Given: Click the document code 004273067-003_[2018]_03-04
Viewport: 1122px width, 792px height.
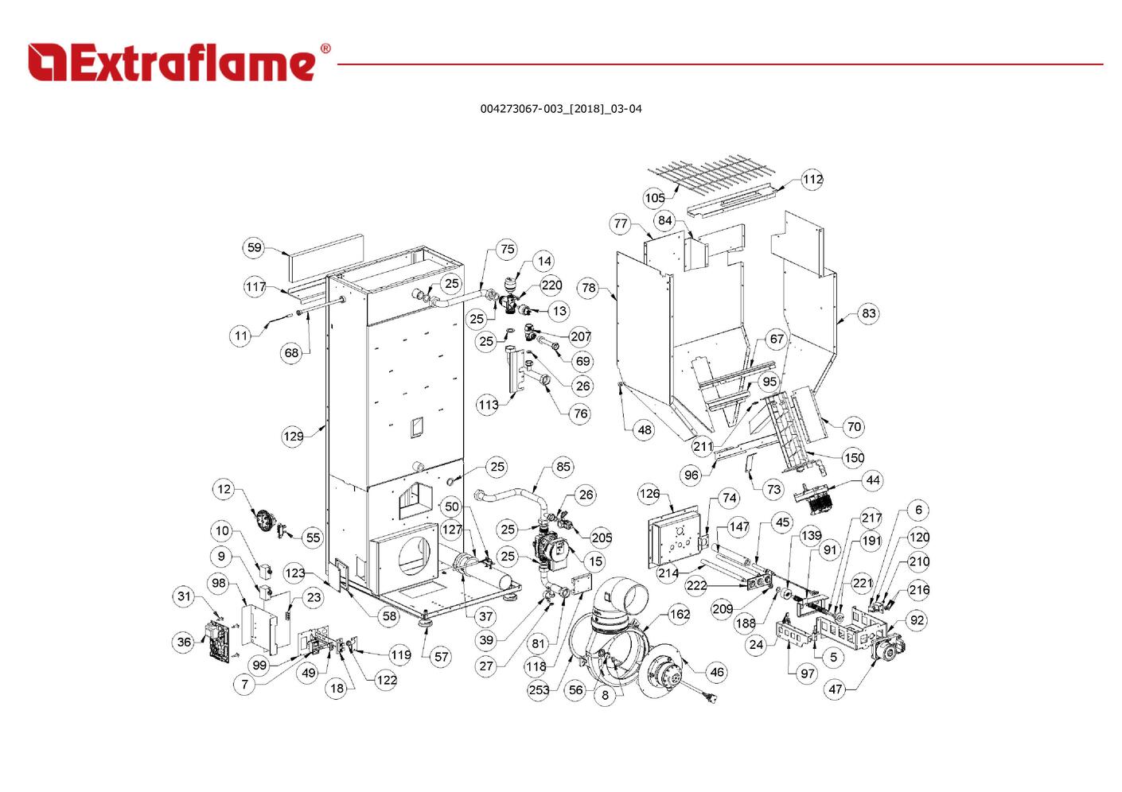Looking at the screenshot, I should pos(560,109).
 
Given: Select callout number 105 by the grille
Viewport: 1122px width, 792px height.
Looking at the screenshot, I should pos(654,198).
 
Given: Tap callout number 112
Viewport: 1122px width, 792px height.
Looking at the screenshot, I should pos(812,180).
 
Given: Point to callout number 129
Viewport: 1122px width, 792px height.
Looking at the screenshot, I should pos(293,436).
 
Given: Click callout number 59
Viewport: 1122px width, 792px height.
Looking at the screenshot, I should pos(254,247).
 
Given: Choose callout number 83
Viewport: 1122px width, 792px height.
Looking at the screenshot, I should pos(868,313).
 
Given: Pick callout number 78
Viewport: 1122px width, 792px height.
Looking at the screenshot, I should pos(588,288).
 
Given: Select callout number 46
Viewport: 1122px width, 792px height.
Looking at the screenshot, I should pos(716,672).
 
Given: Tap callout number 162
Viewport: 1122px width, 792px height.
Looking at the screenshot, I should pos(679,614).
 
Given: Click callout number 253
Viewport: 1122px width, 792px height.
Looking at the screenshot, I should pos(539,689).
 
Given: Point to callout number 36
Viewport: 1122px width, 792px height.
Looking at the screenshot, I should pos(185,642).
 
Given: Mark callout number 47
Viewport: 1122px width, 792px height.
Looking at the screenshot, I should pos(835,689).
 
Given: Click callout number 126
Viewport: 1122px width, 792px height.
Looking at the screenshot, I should pos(649,494).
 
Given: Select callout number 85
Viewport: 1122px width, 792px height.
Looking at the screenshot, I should pos(563,467).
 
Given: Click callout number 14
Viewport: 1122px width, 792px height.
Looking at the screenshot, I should pos(543,261).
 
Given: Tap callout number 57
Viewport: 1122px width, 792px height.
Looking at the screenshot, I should pos(441,657).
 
